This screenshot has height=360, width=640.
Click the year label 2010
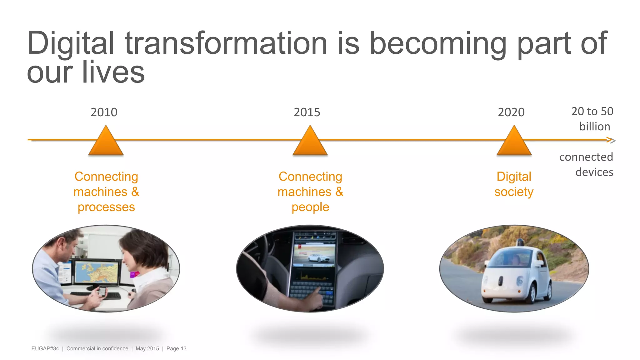(104, 112)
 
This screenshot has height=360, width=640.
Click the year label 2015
(307, 112)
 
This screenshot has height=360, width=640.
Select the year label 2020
(511, 112)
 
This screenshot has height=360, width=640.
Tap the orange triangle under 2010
(106, 142)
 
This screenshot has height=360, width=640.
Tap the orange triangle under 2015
(310, 142)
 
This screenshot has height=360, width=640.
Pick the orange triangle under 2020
(514, 142)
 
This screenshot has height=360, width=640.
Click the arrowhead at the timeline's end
(612, 140)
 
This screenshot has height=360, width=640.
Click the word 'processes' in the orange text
(106, 207)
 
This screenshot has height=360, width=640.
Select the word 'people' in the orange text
(310, 207)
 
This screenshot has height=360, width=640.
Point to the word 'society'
(514, 192)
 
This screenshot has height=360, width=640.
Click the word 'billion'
(594, 127)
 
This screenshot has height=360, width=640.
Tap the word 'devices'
(594, 172)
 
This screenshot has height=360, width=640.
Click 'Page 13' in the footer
(176, 348)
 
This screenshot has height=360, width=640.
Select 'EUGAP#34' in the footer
(45, 348)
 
